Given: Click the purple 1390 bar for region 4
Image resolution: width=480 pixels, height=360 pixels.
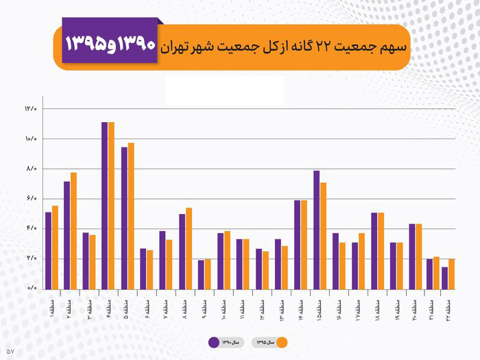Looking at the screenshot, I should (104, 205).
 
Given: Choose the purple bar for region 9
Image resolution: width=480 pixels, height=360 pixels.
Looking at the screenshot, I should (201, 274).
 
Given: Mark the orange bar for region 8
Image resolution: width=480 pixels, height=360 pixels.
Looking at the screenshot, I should (189, 248).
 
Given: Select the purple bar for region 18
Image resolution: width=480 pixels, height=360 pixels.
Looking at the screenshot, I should (374, 250).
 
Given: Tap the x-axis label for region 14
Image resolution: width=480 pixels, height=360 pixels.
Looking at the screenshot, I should (301, 302).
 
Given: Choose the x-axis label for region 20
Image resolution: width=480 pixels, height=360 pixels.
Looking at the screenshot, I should (416, 302).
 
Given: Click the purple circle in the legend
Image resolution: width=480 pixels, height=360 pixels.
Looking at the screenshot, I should (213, 342).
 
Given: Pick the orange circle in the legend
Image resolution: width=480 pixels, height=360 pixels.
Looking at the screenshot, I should (281, 342).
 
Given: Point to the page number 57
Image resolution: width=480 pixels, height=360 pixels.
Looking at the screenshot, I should (10, 351).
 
